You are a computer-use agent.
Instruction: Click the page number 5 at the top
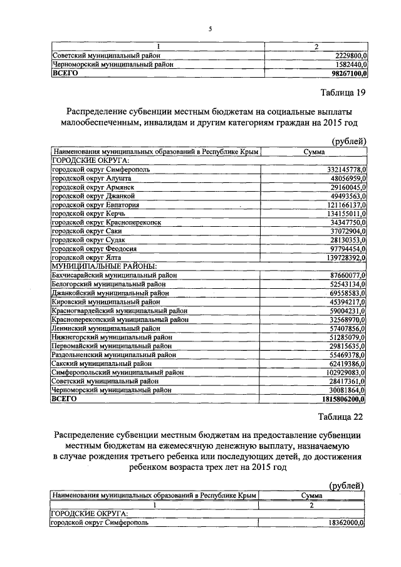[x=211, y=28]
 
